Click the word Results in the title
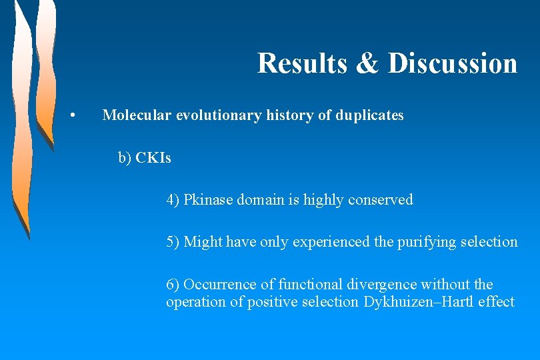(301, 63)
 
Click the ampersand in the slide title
(367, 63)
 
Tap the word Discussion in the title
(453, 63)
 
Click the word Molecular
(137, 115)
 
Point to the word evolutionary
(219, 116)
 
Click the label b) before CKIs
(125, 158)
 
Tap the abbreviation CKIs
(153, 158)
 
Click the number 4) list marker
(173, 199)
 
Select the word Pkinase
(207, 199)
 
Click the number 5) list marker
(173, 241)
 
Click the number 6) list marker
(173, 284)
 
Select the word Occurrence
(217, 284)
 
